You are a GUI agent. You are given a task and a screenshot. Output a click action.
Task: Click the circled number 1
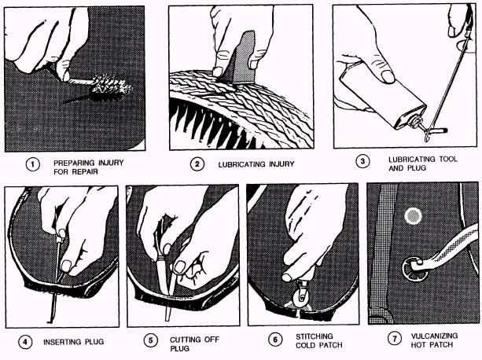(32, 164)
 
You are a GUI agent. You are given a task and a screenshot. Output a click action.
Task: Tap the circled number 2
(197, 164)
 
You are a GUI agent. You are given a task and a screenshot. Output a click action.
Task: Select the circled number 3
(362, 162)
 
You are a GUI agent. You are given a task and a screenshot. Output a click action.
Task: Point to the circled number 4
(25, 342)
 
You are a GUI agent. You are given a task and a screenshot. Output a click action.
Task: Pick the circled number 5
(151, 340)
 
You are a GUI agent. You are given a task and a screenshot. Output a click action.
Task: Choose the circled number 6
(275, 340)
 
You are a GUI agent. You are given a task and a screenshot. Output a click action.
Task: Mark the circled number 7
(395, 339)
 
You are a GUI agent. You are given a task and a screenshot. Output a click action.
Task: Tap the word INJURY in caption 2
(281, 164)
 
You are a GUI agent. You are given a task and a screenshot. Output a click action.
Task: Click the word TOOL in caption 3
(448, 159)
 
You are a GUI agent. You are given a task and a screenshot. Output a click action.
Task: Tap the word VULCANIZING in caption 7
(434, 336)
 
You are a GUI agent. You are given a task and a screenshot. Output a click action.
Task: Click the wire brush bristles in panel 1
(111, 87)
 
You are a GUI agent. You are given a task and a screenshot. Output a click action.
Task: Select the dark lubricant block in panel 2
(242, 57)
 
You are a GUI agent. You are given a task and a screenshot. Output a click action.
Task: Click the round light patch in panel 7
(413, 215)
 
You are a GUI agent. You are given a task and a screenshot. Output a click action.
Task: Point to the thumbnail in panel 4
(66, 266)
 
